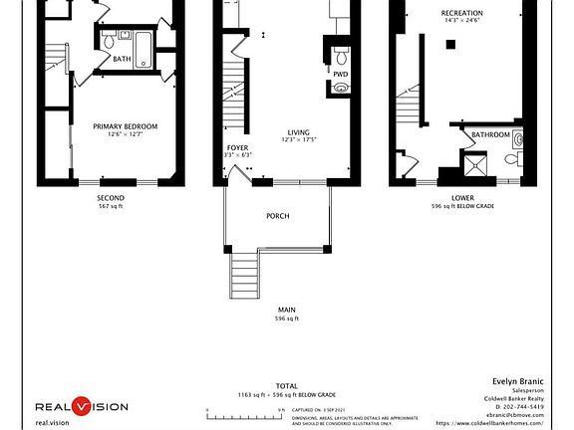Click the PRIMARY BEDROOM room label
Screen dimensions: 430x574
(x=126, y=126)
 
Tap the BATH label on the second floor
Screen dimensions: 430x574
(x=122, y=59)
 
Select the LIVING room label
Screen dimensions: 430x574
(x=298, y=132)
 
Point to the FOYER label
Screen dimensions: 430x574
(x=237, y=147)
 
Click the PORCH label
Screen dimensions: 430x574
(x=277, y=216)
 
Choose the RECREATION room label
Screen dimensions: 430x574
(x=461, y=13)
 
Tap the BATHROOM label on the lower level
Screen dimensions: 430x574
(x=490, y=134)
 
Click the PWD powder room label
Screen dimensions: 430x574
(x=340, y=74)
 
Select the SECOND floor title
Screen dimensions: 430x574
(x=111, y=198)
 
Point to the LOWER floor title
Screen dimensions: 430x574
(x=462, y=198)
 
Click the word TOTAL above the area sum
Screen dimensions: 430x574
(x=286, y=385)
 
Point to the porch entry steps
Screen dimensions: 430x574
(x=244, y=269)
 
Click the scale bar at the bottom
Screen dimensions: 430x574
(x=245, y=409)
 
